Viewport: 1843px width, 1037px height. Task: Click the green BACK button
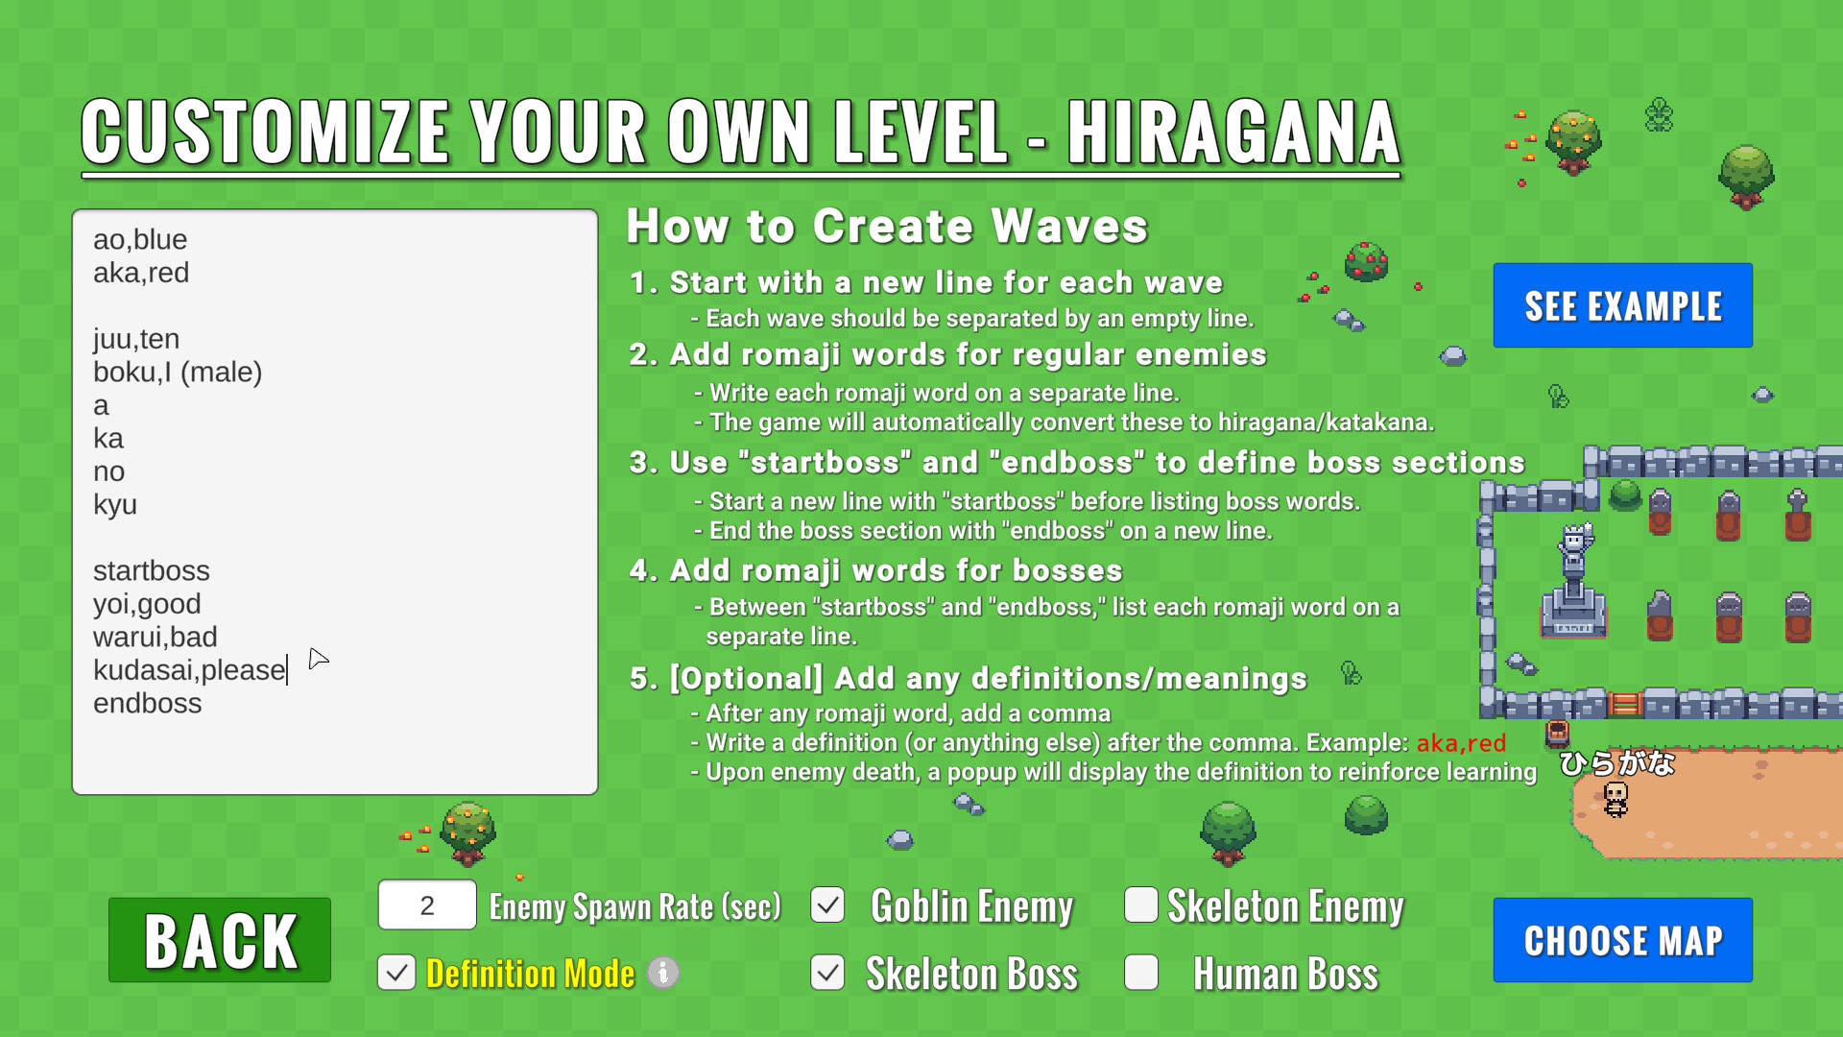click(220, 940)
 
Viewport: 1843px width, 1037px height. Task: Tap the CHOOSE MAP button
click(1622, 940)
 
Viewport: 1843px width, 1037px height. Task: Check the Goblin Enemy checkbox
click(827, 904)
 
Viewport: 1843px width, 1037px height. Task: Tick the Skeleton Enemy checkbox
click(1140, 904)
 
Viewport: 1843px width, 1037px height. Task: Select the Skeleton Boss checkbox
click(827, 972)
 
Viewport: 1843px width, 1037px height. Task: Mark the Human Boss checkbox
click(1140, 972)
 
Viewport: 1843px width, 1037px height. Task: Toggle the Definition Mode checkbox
click(395, 973)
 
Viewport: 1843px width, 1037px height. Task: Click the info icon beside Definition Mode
click(663, 973)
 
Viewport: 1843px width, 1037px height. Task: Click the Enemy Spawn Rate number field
click(427, 904)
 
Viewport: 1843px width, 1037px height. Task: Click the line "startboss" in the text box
click(152, 571)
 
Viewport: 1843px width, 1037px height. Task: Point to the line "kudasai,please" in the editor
click(189, 670)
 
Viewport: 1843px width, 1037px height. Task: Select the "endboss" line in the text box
click(148, 704)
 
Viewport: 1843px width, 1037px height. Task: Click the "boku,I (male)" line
click(178, 373)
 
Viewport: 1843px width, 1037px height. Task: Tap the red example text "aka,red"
click(1461, 743)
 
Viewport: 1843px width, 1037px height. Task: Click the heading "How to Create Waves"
click(887, 227)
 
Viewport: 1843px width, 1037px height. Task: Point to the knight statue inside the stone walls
click(1574, 581)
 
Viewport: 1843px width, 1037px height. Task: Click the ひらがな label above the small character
click(1617, 763)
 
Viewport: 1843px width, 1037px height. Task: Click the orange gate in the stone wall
click(1625, 705)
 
